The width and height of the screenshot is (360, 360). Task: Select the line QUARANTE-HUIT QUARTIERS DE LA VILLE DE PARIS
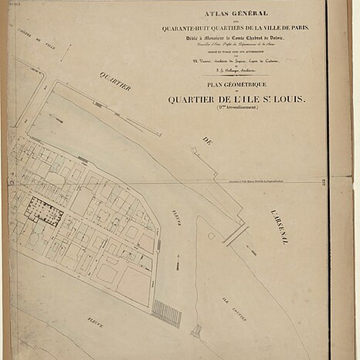click(x=236, y=28)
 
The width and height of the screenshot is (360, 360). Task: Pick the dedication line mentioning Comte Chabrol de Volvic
click(x=237, y=39)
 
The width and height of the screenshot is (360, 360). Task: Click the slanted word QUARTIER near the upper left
click(x=115, y=81)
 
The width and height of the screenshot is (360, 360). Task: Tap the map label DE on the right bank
click(x=207, y=140)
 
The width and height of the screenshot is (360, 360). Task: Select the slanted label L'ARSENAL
click(x=277, y=227)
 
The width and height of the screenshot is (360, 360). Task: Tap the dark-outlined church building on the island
click(x=44, y=211)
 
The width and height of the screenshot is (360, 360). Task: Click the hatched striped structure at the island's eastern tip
click(x=167, y=314)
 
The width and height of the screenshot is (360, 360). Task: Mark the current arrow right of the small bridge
click(x=251, y=250)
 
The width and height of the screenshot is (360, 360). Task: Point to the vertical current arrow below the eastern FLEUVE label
click(x=178, y=262)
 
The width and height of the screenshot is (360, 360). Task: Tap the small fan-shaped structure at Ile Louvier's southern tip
click(x=196, y=332)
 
